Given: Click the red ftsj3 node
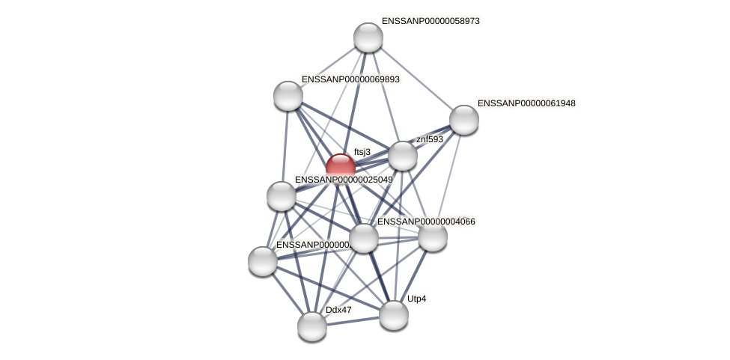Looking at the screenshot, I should [x=341, y=167].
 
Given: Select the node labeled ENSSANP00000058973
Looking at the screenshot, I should [x=368, y=37].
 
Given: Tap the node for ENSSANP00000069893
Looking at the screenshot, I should [x=288, y=95].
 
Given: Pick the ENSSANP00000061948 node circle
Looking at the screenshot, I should [x=464, y=120].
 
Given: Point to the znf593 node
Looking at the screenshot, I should [x=403, y=155].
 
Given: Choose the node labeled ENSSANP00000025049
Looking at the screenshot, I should [x=282, y=196].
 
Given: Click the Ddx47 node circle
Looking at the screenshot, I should [x=312, y=326].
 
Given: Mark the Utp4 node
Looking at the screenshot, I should [x=394, y=314].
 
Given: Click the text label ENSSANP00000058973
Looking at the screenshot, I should [x=431, y=21].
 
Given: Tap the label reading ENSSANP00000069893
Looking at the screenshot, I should [x=350, y=79].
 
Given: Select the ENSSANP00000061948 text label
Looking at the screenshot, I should [x=526, y=103].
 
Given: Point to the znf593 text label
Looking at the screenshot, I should [x=430, y=139].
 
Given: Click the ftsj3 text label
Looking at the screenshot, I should [x=362, y=152].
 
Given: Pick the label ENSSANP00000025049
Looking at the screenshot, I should [x=343, y=180].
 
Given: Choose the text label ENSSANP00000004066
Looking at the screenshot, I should [x=426, y=222].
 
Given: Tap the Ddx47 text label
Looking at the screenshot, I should [x=338, y=309].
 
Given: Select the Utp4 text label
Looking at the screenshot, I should [x=417, y=299].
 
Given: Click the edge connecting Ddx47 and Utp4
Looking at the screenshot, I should [x=353, y=320].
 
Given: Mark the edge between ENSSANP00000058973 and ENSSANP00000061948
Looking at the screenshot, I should [x=416, y=79].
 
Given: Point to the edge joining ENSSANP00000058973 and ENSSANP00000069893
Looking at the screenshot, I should [x=328, y=67].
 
